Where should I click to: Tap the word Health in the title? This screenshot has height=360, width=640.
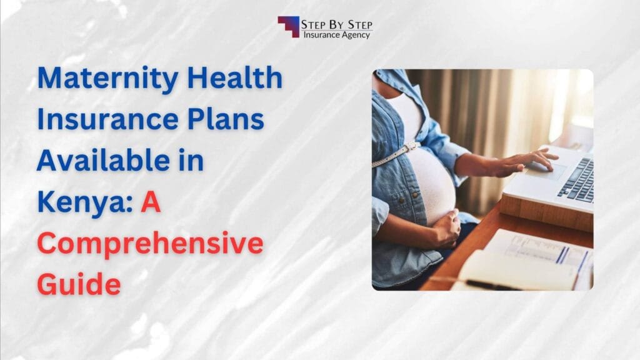click(x=241, y=80)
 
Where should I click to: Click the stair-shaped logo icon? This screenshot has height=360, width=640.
click(x=288, y=26)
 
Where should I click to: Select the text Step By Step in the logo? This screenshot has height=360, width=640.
click(x=337, y=24)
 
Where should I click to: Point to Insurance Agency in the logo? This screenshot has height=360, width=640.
click(x=337, y=35)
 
